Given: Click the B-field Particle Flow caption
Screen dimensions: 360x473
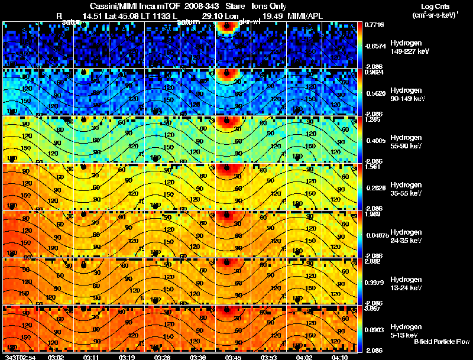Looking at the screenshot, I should pyautogui.click(x=442, y=342).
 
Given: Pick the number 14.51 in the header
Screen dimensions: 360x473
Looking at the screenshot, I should pyautogui.click(x=95, y=15).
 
